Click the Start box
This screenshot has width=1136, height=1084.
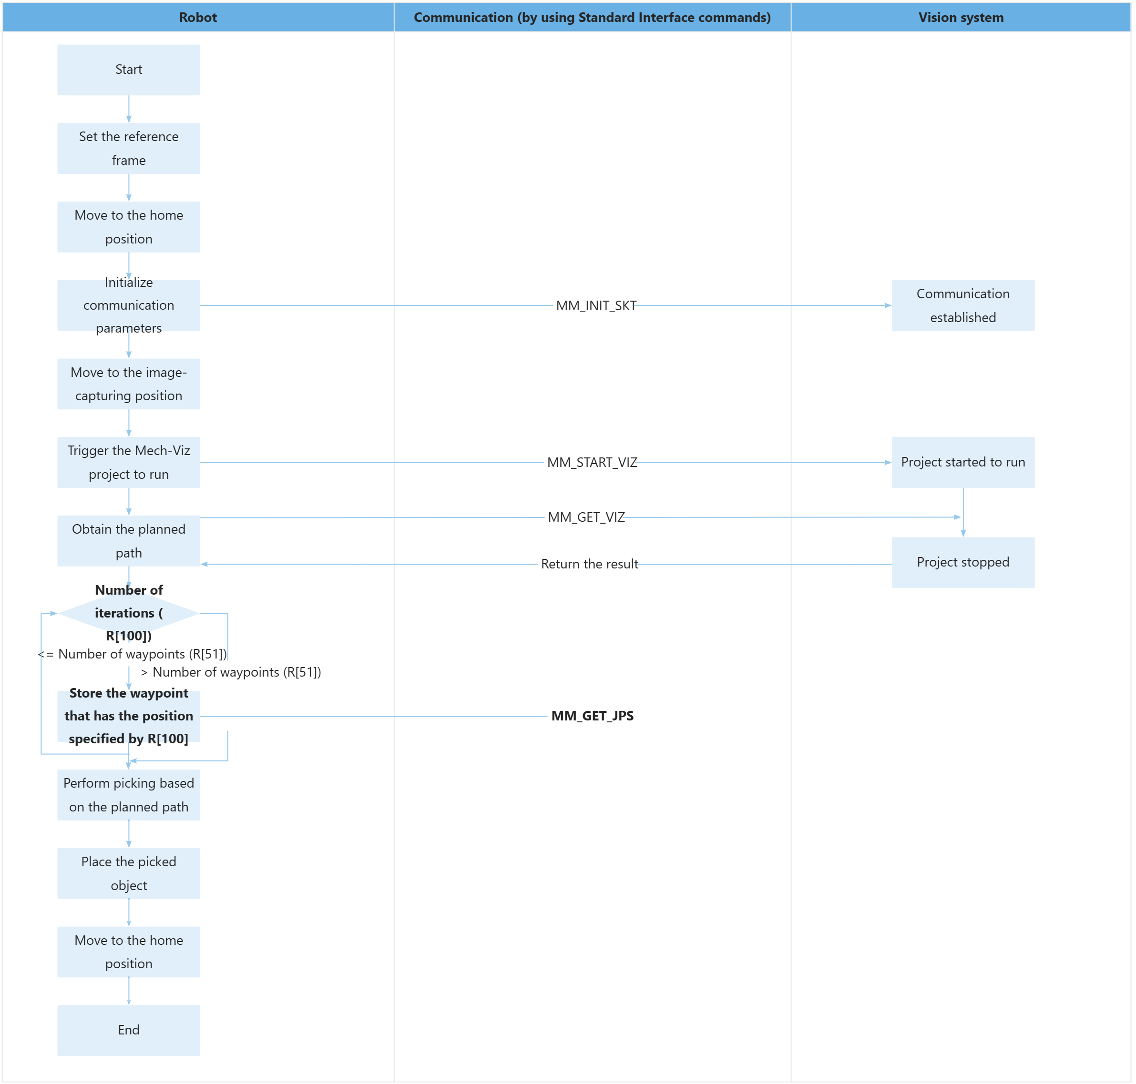tap(128, 70)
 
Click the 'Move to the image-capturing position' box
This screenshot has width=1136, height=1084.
tap(128, 384)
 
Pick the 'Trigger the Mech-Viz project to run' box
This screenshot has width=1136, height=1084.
tap(128, 462)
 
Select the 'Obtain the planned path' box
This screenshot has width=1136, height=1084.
tap(128, 541)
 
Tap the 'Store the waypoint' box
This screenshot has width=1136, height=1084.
tap(128, 716)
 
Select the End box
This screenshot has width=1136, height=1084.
tap(128, 1030)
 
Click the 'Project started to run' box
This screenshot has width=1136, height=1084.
tap(962, 462)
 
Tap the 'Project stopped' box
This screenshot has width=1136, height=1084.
tap(962, 563)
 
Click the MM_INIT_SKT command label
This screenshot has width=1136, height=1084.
tap(595, 306)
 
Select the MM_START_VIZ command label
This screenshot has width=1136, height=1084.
tap(592, 462)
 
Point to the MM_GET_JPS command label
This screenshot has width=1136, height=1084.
tap(592, 716)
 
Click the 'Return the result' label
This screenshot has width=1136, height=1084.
tap(589, 564)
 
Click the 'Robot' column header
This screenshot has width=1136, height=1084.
tap(198, 17)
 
